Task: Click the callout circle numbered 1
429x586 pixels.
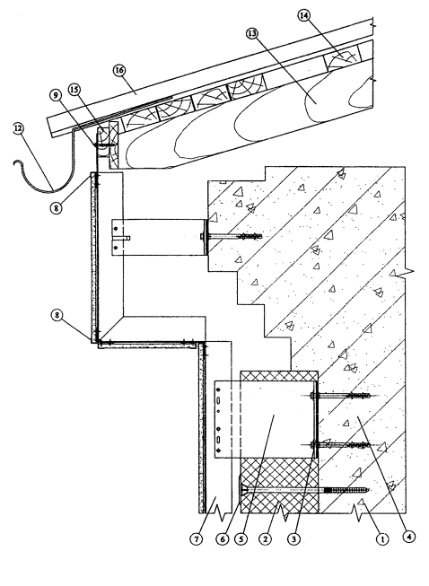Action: point(382,539)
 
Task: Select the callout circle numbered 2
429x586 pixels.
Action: point(265,539)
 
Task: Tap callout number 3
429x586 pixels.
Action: point(293,539)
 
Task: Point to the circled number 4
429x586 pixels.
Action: point(409,537)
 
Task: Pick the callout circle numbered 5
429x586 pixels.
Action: point(241,539)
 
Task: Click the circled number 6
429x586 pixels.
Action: point(223,539)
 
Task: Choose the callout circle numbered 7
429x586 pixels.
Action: point(197,539)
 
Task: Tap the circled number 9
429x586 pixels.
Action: point(56,95)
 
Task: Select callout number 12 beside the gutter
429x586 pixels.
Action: point(18,128)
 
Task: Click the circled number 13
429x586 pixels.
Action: point(252,33)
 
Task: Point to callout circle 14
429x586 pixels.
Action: point(304,15)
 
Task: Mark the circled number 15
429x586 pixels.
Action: point(74,90)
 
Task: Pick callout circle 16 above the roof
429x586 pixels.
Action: point(119,70)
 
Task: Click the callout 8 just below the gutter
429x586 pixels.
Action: point(56,208)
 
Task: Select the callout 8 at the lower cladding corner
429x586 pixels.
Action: point(57,315)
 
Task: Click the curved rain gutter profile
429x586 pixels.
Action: point(52,190)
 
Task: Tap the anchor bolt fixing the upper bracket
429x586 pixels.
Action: point(231,236)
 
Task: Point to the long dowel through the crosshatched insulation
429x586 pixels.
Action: point(304,490)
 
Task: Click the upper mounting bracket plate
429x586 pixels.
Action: point(159,237)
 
